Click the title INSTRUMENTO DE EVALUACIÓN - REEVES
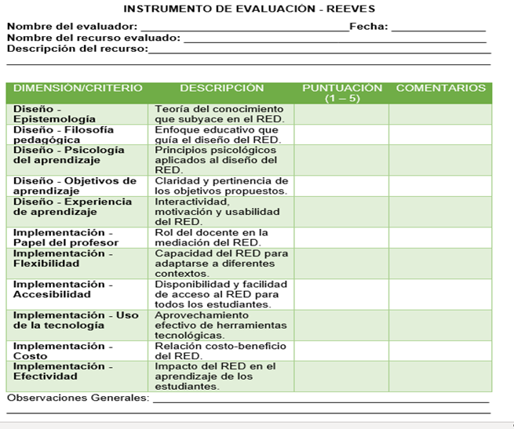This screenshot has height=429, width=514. [x=250, y=9]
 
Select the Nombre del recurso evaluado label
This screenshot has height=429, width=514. [x=93, y=38]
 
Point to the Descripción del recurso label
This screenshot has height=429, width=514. [x=77, y=49]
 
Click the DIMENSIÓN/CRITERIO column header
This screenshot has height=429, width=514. [x=78, y=89]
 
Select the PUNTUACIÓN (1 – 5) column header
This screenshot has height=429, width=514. [x=341, y=93]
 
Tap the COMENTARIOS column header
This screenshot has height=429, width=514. [x=440, y=89]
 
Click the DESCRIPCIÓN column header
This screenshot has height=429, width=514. [x=222, y=89]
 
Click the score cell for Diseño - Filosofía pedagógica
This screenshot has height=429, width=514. [x=341, y=134]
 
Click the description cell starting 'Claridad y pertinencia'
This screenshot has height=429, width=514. [x=222, y=186]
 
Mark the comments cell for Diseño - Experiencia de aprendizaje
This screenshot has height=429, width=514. [x=440, y=212]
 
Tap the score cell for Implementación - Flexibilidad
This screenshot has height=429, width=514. [x=341, y=264]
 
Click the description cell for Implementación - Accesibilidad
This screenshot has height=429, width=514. [x=222, y=294]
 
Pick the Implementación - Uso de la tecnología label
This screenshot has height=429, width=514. [x=75, y=320]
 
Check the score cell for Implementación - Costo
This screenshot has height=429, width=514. [x=341, y=351]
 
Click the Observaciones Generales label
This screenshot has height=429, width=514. [x=78, y=398]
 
